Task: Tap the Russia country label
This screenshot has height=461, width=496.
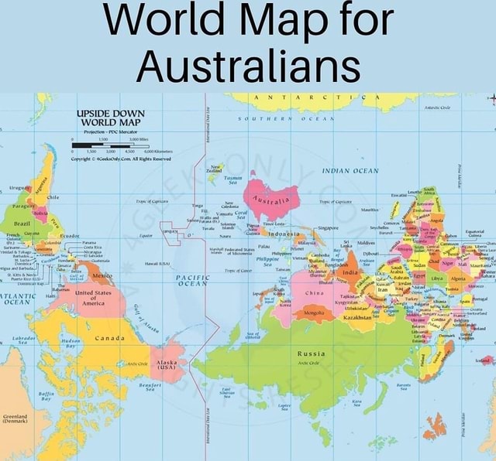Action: click(309, 354)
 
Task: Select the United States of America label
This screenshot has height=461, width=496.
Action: click(93, 298)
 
